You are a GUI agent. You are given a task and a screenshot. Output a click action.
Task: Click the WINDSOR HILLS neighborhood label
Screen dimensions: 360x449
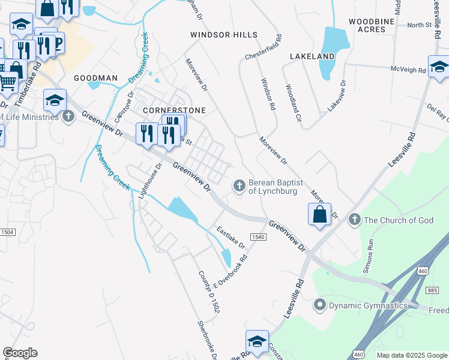click(223, 35)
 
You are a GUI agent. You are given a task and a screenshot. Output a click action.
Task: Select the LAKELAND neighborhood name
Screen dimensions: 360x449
click(312, 56)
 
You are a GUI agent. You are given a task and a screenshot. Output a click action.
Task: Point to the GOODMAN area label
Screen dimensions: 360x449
click(95, 79)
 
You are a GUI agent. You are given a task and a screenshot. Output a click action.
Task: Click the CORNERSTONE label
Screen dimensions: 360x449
click(174, 110)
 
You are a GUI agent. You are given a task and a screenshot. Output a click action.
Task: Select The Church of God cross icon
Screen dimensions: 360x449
click(355, 220)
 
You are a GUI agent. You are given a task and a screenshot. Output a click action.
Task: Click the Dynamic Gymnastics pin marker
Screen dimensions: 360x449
click(319, 305)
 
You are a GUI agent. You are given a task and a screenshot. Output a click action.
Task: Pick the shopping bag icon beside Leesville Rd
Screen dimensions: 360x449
click(320, 214)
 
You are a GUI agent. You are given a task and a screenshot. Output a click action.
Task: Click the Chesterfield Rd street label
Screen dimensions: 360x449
click(262, 47)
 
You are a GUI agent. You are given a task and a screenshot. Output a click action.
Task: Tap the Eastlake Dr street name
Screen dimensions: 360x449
click(231, 238)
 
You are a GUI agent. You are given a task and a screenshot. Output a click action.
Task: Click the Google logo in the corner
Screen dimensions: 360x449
click(20, 353)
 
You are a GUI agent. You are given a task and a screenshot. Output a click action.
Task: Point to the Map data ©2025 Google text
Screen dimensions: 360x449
click(412, 355)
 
